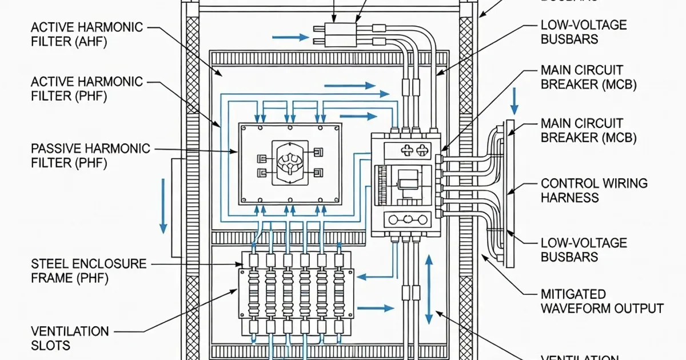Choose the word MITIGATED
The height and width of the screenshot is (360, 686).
pyautogui.click(x=573, y=294)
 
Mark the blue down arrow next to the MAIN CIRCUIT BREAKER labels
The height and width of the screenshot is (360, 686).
pyautogui.click(x=514, y=101)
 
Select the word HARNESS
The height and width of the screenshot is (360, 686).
pyautogui.click(x=569, y=198)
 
